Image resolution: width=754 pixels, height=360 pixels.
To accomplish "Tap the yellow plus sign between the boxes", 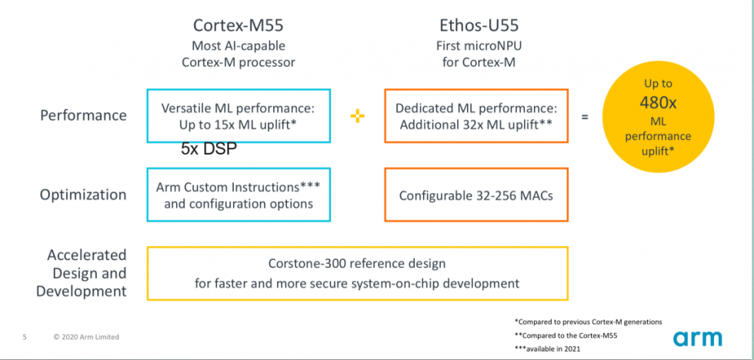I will click(357, 116).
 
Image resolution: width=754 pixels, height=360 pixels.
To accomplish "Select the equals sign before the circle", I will click(585, 117).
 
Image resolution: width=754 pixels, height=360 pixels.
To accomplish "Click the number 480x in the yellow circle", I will click(658, 103).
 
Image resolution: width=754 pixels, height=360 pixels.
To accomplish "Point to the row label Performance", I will click(83, 115).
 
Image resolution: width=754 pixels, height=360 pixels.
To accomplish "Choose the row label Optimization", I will click(83, 195).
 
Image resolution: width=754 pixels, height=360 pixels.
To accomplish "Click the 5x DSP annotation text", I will click(209, 149).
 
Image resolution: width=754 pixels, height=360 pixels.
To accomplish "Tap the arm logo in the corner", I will click(698, 338).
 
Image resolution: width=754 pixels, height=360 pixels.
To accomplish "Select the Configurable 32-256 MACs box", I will click(475, 195).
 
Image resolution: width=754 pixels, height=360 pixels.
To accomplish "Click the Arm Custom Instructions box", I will click(238, 195).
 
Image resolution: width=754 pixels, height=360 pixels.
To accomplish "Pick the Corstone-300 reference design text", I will click(357, 264).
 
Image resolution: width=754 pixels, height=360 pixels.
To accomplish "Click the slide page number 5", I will click(25, 337).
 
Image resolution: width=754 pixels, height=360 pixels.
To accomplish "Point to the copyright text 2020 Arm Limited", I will click(86, 337).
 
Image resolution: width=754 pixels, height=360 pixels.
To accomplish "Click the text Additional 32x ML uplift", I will click(475, 124).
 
